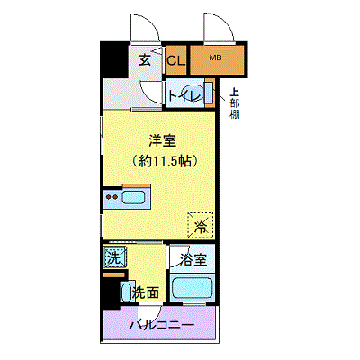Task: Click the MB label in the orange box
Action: pyautogui.click(x=215, y=59)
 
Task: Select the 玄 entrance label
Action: pyautogui.click(x=145, y=61)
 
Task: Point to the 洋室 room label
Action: pyautogui.click(x=162, y=139)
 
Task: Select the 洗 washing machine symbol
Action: pyautogui.click(x=113, y=256)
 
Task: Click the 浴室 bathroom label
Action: pyautogui.click(x=192, y=260)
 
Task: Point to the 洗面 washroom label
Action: pyautogui.click(x=147, y=292)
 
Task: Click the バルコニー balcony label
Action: pyautogui.click(x=161, y=324)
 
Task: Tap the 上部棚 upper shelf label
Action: pyautogui.click(x=234, y=102)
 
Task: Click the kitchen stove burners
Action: pyautogui.click(x=112, y=195)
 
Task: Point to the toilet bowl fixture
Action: pyautogui.click(x=206, y=93)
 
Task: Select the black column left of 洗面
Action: pyautogui.click(x=112, y=290)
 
